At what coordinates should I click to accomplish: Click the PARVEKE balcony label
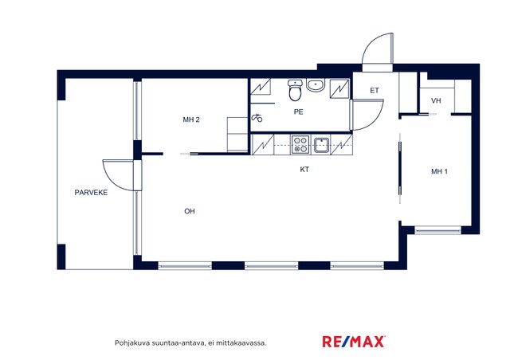click(x=91, y=193)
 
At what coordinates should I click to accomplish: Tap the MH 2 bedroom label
click(x=191, y=119)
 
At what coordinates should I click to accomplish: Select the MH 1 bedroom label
click(x=439, y=171)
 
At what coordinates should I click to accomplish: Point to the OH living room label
click(x=190, y=211)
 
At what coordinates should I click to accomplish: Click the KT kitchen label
click(x=304, y=170)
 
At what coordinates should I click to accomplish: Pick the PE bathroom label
click(x=298, y=112)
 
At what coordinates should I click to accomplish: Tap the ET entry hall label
click(x=375, y=91)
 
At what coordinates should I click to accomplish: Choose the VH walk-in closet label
click(x=436, y=101)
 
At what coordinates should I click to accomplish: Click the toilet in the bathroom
click(x=295, y=91)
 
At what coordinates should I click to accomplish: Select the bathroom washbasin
click(x=315, y=85)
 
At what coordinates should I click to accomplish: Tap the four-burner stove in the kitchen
click(x=300, y=145)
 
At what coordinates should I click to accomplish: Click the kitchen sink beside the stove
click(x=321, y=145)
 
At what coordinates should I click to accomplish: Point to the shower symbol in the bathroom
click(x=257, y=118)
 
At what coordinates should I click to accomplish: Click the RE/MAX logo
click(x=354, y=342)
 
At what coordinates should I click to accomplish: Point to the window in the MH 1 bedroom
click(x=437, y=230)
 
